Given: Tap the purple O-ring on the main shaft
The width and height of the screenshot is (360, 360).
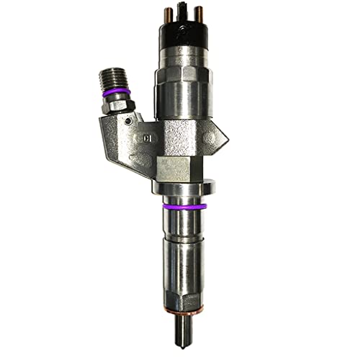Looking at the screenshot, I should pyautogui.click(x=180, y=207).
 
